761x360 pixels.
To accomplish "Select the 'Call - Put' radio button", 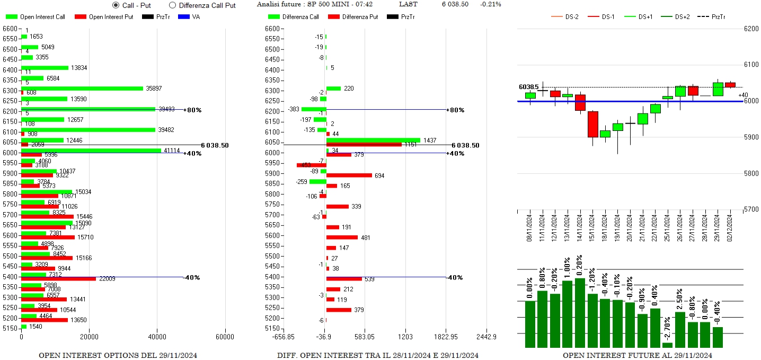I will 116,5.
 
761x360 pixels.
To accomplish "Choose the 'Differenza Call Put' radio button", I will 172,5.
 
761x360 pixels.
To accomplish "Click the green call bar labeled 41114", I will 91,151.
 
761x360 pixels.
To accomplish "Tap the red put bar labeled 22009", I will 58,279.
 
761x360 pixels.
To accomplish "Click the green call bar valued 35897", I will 82,89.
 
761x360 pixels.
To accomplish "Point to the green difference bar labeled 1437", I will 373,140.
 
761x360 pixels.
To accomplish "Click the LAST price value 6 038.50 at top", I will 455,4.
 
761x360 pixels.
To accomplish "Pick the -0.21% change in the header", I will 490,4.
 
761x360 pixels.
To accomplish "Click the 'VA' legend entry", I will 196,17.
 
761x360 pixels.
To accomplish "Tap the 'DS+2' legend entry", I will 682,17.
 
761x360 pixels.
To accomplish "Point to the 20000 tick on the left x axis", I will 89,337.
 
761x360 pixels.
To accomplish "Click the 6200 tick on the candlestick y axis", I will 751,29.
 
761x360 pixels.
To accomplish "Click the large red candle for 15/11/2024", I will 592,124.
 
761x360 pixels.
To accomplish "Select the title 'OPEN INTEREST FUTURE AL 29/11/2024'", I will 637,355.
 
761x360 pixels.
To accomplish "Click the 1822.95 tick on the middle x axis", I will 446,337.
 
